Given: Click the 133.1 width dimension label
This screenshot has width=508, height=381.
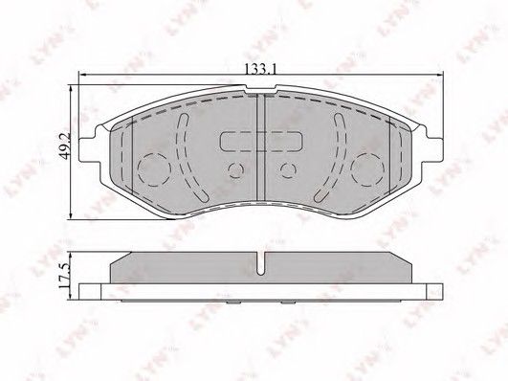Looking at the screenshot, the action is [260, 68].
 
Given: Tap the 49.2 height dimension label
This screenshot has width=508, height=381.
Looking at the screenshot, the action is [65, 145].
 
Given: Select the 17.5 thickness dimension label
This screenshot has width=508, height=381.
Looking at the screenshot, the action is [63, 276].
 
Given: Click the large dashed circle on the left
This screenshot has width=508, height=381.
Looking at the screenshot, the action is [154, 168].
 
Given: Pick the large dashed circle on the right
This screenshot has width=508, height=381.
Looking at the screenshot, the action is [368, 168].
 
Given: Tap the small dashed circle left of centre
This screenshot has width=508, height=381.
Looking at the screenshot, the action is [235, 169].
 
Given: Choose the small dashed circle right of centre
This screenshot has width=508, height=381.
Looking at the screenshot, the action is [288, 169].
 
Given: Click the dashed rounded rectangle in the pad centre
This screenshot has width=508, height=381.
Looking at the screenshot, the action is [261, 142].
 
